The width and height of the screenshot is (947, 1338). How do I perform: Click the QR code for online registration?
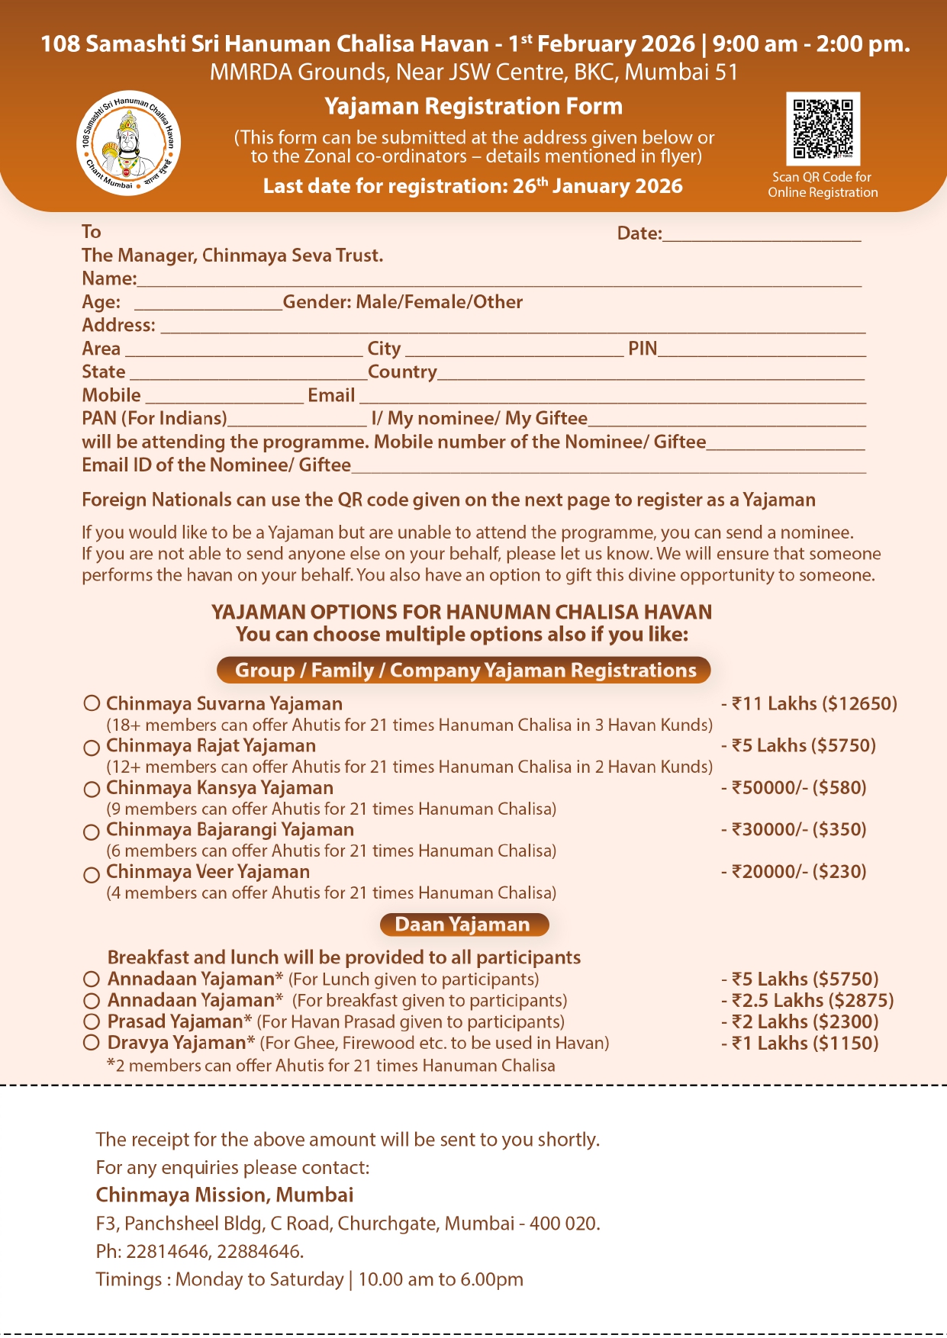pos(823,128)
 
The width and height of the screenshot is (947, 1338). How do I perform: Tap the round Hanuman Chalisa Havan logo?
pos(129,143)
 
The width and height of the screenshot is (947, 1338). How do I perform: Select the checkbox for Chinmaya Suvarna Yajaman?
pos(92,703)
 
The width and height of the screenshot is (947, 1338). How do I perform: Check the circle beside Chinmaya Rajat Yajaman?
pos(92,747)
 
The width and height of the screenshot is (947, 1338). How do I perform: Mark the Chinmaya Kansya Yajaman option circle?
pos(92,789)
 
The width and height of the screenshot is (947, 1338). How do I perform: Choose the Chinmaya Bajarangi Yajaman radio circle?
pos(92,831)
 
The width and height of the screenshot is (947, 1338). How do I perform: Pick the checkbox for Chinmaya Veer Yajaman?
pos(92,873)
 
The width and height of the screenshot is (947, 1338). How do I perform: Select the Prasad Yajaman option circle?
pos(92,1021)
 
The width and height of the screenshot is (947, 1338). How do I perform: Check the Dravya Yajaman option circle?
pos(92,1043)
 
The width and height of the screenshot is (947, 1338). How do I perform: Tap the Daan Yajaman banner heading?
pos(463,925)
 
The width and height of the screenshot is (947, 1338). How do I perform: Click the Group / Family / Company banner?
pos(464,670)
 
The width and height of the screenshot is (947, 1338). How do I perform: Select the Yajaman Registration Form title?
pos(473,106)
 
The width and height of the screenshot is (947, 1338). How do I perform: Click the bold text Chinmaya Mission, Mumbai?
pos(224,1195)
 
